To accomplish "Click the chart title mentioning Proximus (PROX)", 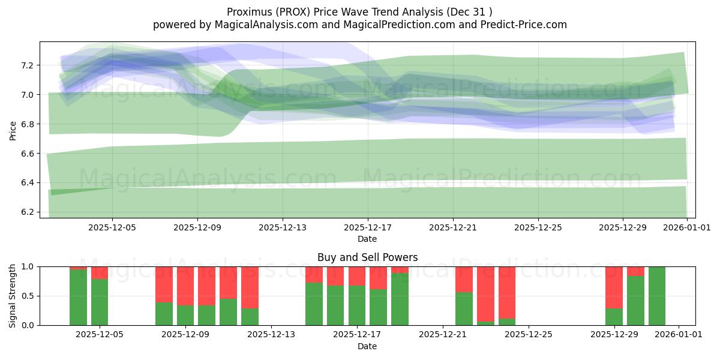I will coord(359,12).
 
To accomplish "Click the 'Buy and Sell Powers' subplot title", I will coord(367,257).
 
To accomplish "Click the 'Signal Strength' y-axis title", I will coord(13,296).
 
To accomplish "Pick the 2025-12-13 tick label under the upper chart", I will coord(282,227).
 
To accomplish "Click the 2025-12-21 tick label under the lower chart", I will coord(442,335).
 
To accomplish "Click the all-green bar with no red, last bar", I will coord(657,296).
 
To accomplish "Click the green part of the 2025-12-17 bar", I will coord(357,306).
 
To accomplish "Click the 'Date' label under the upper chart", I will coord(367,239).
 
